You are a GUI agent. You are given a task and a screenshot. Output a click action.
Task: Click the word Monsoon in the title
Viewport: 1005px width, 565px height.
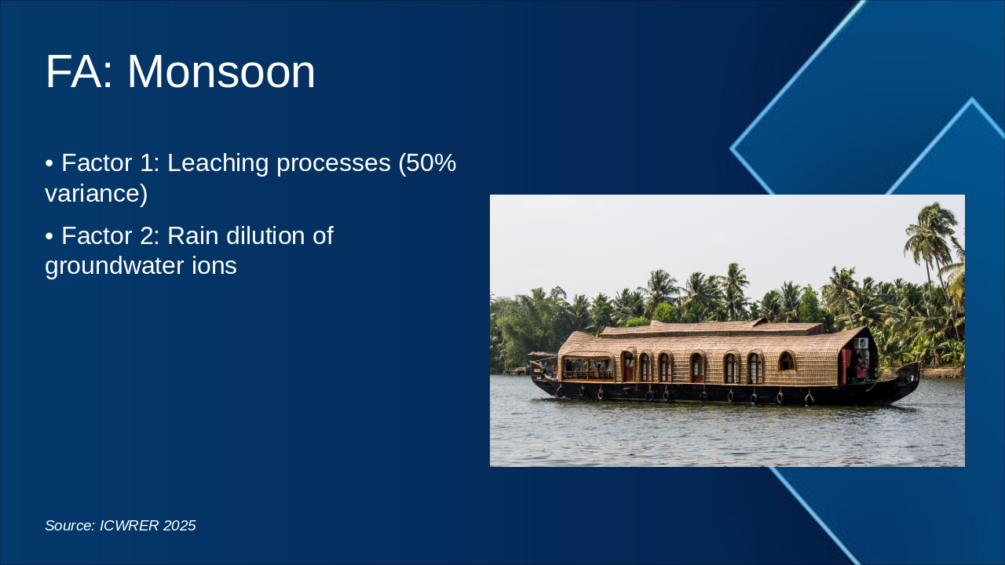coord(221,72)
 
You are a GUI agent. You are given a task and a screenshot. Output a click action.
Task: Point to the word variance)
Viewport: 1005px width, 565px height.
coord(96,193)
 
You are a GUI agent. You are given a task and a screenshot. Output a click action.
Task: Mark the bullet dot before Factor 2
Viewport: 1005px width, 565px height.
coord(49,235)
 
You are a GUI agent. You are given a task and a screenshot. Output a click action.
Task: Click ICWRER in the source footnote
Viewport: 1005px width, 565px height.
coord(129,526)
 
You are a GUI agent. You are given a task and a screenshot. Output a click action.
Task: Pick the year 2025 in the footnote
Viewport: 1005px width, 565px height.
coord(180,526)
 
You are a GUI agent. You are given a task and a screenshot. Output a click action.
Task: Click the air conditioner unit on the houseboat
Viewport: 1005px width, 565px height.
coord(861,343)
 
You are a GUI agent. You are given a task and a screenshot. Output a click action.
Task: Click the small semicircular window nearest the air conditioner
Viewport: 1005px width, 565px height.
coord(786,361)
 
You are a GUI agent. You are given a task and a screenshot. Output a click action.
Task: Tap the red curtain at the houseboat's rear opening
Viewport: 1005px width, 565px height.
coord(846,365)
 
